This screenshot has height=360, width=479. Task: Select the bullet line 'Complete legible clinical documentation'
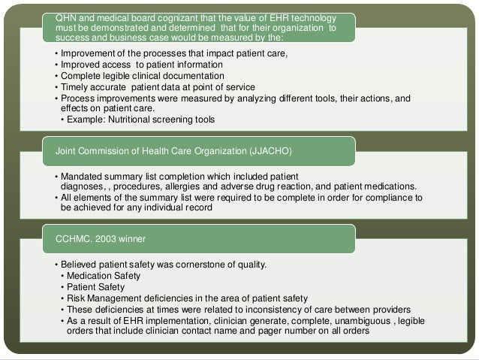(x=143, y=75)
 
